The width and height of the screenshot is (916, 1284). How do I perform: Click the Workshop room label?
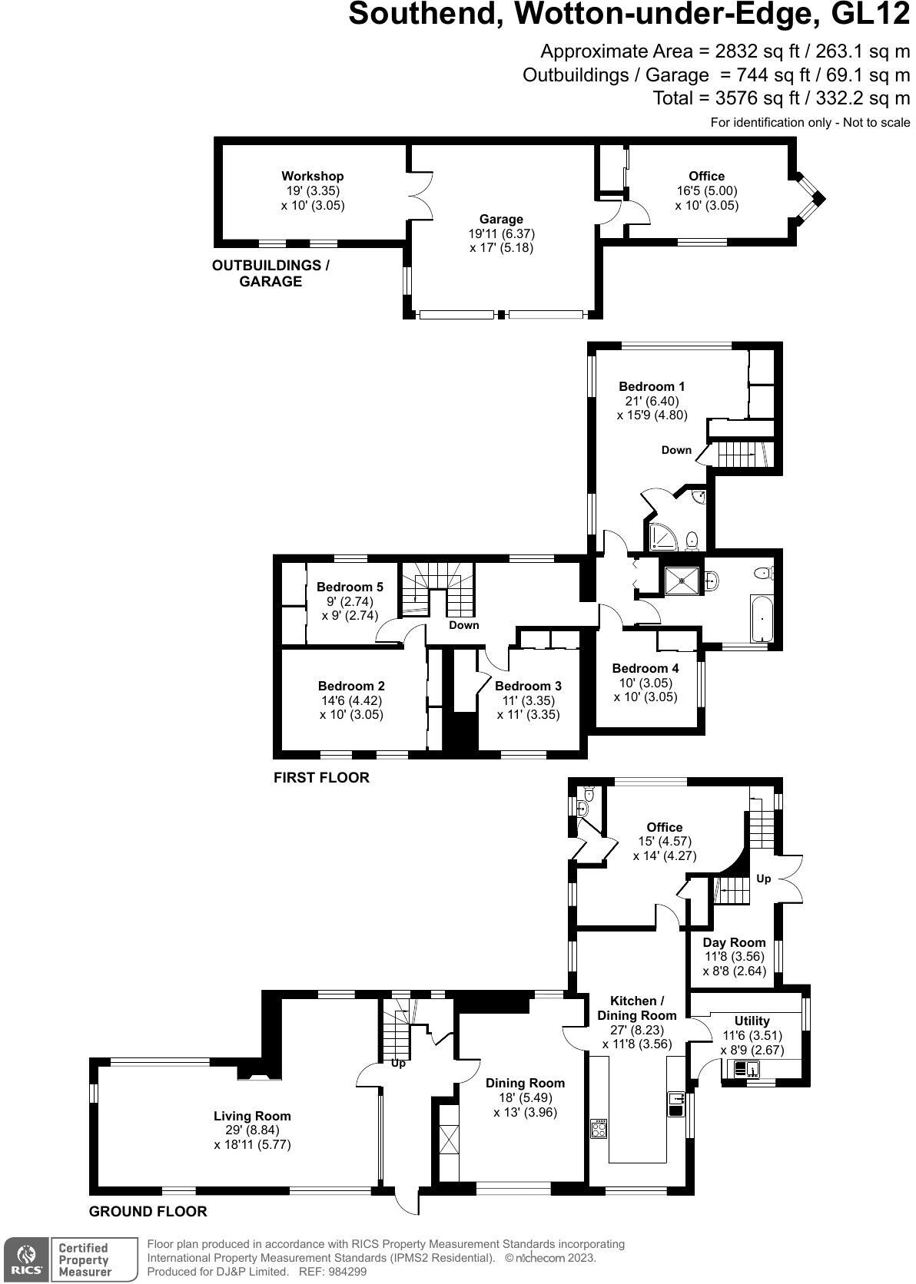[x=312, y=177]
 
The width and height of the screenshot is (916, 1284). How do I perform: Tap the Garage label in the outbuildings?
[x=501, y=220]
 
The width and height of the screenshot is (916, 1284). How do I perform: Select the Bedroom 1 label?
[x=652, y=386]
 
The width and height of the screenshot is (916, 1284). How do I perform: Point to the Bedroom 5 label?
[x=350, y=587]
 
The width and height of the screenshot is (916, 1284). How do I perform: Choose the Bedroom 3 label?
[x=528, y=686]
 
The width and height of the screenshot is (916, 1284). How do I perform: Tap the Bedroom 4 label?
[x=646, y=668]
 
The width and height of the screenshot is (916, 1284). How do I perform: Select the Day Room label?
[x=735, y=942]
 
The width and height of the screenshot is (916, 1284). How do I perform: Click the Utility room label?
[x=752, y=1021]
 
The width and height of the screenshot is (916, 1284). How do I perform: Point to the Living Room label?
[x=252, y=1116]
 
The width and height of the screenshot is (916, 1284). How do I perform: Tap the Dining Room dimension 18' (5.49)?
[x=525, y=1097]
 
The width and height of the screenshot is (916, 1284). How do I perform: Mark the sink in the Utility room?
[x=742, y=1068]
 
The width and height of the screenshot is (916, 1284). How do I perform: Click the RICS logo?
[x=25, y=1259]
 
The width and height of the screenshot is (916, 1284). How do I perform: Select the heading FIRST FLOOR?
[x=321, y=778]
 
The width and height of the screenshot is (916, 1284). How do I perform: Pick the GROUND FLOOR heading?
[x=148, y=1212]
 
